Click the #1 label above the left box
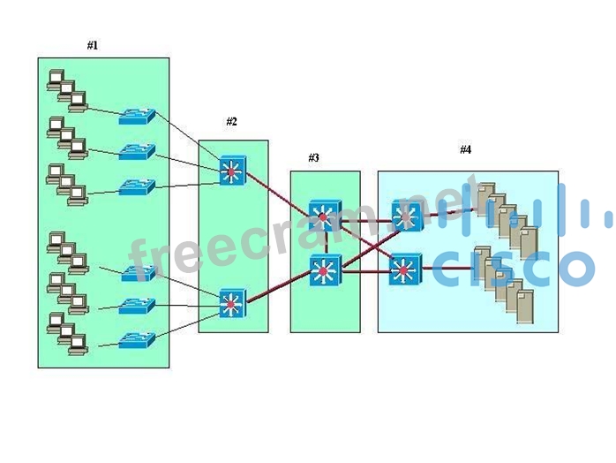[93, 45]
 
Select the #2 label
[231, 122]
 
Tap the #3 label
[313, 158]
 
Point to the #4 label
[465, 150]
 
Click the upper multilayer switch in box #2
[233, 170]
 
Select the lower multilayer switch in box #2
[232, 304]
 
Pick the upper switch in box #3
[323, 216]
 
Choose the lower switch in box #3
[324, 269]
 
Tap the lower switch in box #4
[405, 269]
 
